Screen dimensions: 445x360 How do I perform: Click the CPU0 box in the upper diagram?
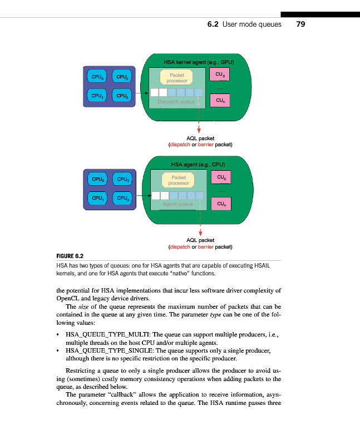point(98,76)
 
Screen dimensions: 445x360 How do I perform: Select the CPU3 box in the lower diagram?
point(121,198)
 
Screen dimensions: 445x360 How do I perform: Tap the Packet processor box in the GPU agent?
point(177,77)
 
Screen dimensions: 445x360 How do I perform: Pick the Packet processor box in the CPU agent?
point(179,180)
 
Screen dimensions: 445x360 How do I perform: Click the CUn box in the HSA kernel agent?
point(220,100)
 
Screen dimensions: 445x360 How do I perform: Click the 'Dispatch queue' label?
point(176,102)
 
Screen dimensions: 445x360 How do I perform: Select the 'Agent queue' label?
point(177,204)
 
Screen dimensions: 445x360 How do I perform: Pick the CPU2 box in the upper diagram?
point(121,76)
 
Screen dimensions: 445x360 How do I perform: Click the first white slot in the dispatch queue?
point(154,92)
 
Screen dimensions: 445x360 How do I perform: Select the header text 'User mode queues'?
point(251,24)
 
